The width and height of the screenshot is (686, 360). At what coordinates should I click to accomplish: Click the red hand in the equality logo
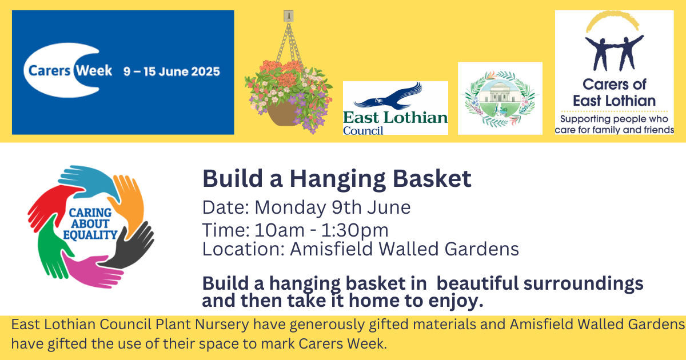pos(50,206)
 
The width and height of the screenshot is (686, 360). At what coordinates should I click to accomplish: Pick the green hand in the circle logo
pos(50,248)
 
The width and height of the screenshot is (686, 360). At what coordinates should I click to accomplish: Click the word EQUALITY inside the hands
pos(90,235)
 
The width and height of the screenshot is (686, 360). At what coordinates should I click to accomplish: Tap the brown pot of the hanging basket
pos(282,114)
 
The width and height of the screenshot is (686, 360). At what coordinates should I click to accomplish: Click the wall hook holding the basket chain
pos(289,16)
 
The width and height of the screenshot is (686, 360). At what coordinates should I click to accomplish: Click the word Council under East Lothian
pos(363,131)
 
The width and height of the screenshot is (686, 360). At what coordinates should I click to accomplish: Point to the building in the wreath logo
pos(499,93)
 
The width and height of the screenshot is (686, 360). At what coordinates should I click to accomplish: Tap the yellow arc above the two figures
pos(612,20)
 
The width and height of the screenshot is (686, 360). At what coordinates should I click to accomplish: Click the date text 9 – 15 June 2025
pos(171,71)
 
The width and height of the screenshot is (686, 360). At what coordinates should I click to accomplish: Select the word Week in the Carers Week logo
pos(94,71)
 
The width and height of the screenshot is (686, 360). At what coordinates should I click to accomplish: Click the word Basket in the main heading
pos(432,178)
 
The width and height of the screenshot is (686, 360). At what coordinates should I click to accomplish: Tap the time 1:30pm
pos(354,230)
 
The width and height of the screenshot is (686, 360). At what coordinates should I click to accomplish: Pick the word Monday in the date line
pos(290,208)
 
